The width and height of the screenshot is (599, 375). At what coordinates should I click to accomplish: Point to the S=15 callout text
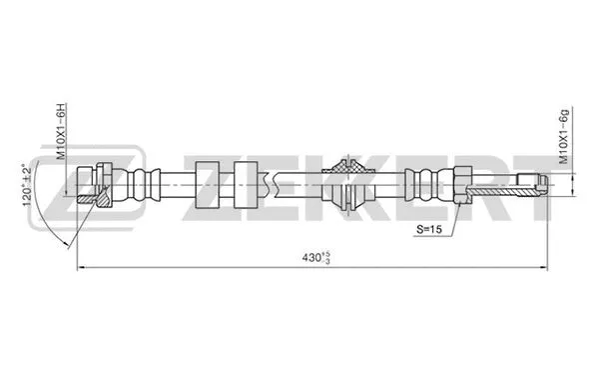[431, 230]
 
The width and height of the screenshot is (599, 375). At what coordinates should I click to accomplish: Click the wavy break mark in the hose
[270, 183]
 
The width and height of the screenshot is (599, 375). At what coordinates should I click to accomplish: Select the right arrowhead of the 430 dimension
[545, 268]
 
